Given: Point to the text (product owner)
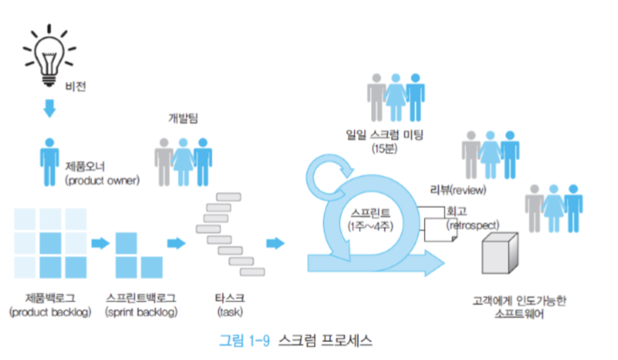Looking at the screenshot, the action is (x=103, y=180).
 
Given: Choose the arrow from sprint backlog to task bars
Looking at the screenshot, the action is (x=177, y=243).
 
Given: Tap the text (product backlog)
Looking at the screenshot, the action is (x=51, y=312).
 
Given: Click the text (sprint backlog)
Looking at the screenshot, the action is (x=142, y=312).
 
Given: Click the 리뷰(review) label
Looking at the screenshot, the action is (x=458, y=190).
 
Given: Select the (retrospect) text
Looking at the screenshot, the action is (x=473, y=225).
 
